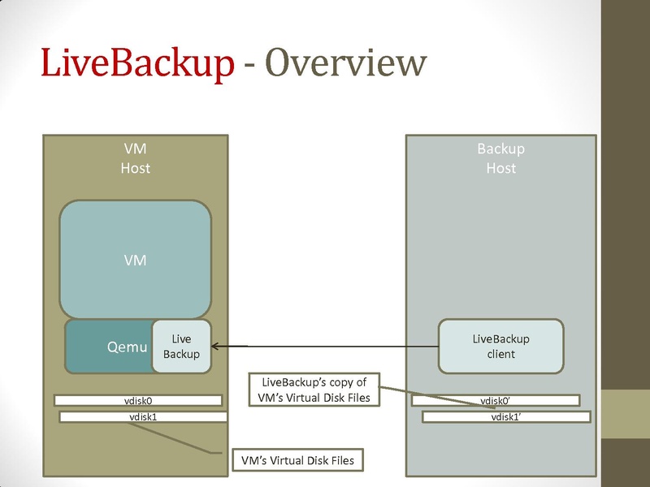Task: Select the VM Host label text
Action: pos(136,158)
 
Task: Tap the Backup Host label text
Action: pos(500,158)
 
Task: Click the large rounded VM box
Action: pos(136,260)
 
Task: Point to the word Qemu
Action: pos(128,347)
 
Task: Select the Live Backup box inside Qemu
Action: pos(181,347)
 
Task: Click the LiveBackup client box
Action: pos(500,347)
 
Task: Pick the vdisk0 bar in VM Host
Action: pos(137,400)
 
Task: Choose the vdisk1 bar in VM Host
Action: pos(142,416)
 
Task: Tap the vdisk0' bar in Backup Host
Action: pos(496,400)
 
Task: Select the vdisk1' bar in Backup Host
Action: pos(505,416)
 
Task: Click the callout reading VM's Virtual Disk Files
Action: pos(297,460)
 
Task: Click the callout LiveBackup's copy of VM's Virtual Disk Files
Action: pos(314,389)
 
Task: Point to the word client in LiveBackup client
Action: pos(500,355)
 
